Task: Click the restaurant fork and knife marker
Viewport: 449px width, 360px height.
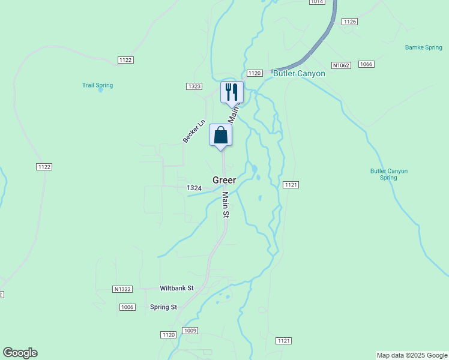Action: click(x=232, y=92)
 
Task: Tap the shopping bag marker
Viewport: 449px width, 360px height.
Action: click(x=220, y=135)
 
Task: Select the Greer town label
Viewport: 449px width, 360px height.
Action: click(x=224, y=180)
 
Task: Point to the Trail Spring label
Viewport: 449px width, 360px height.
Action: click(x=97, y=86)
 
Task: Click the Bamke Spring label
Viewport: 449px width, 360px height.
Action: click(x=423, y=47)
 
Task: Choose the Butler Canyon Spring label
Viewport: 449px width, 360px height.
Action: click(x=388, y=174)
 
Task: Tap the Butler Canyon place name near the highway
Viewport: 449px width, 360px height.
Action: click(x=299, y=74)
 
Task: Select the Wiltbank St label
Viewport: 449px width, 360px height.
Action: click(x=176, y=288)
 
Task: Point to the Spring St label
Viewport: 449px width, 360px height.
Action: click(x=163, y=307)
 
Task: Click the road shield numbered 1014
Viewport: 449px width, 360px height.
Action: click(x=317, y=2)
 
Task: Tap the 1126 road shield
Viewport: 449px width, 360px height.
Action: click(x=349, y=22)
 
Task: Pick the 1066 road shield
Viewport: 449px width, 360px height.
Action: click(x=366, y=64)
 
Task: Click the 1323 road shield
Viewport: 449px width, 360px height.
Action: click(x=194, y=86)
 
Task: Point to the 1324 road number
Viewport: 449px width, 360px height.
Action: click(x=194, y=188)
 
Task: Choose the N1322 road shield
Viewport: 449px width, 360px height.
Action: click(x=122, y=289)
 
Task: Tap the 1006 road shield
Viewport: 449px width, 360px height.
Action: click(x=127, y=307)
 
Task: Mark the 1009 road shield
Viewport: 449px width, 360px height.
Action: click(x=190, y=331)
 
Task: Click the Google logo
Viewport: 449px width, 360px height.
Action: click(x=20, y=353)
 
